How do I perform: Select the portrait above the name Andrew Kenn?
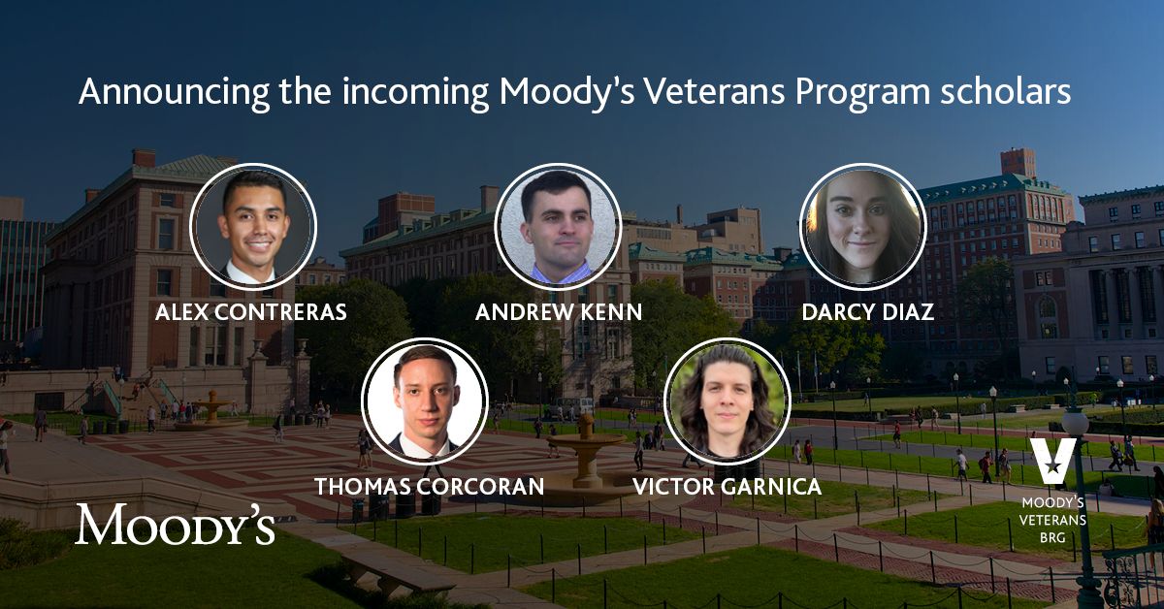tap(558, 226)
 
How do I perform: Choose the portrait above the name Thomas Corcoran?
tap(425, 401)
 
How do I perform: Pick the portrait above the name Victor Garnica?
tap(727, 401)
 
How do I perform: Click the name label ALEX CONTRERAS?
tap(252, 313)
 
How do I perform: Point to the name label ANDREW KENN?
tap(559, 313)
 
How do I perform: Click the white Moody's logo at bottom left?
tap(176, 525)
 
